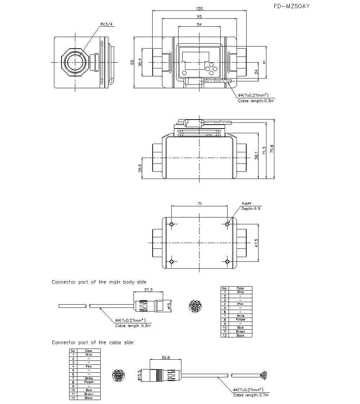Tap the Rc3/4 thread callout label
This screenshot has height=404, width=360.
[x=107, y=24]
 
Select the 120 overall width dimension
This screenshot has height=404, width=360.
[x=199, y=8]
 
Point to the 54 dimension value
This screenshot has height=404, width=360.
[x=199, y=24]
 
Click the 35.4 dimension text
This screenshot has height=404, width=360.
[x=140, y=62]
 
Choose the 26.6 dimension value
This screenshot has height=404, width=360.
[x=140, y=168]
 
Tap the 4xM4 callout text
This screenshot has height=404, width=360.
[x=246, y=203]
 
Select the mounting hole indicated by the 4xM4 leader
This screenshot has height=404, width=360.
[x=227, y=224]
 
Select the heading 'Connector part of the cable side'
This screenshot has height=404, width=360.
[x=93, y=342]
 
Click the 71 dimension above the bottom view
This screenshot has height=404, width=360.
[x=199, y=204]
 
